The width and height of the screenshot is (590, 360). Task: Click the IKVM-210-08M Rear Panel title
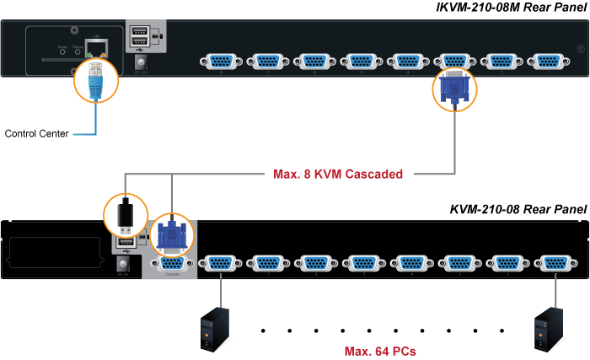[x=509, y=8]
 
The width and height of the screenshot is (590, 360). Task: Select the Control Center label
[x=36, y=132]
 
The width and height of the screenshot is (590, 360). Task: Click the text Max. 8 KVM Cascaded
[x=337, y=175]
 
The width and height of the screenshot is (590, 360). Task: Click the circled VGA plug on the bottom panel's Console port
[x=172, y=233]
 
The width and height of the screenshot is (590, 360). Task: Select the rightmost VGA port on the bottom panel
[x=553, y=263]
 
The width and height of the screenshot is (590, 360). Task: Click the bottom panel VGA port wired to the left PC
[x=221, y=263]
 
